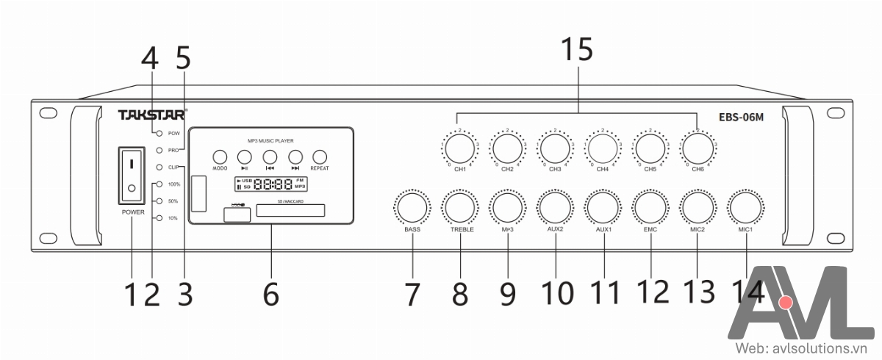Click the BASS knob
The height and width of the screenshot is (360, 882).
412,207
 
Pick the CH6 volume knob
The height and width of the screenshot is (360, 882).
697,148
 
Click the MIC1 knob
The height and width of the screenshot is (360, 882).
747,207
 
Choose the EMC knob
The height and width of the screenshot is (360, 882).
650,207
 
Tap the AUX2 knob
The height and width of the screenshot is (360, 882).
556,207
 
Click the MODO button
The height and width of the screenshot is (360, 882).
220,156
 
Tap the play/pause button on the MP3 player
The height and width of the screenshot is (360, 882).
245,156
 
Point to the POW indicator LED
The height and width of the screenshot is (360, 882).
159,133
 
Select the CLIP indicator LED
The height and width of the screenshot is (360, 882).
159,168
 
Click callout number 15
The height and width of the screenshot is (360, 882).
576,51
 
